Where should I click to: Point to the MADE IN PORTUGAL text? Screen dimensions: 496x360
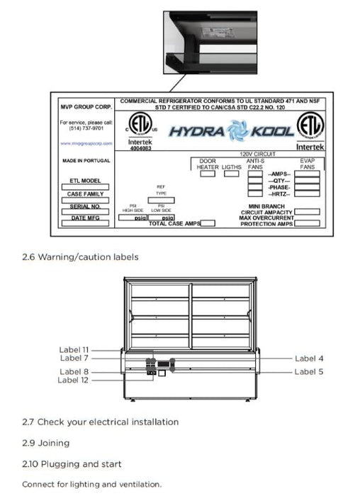tap(83, 161)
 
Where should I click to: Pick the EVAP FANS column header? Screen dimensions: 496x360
tap(307, 164)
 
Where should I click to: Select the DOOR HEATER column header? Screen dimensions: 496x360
tap(207, 164)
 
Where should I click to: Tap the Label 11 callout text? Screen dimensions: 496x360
tap(74, 349)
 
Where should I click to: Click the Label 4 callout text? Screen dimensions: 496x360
tap(310, 359)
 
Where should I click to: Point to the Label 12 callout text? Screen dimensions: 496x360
tap(74, 381)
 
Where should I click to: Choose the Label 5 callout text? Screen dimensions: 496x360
tap(310, 371)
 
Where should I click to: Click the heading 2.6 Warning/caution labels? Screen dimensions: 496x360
tap(80, 257)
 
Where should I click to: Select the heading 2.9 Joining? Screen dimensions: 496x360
tap(46, 443)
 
